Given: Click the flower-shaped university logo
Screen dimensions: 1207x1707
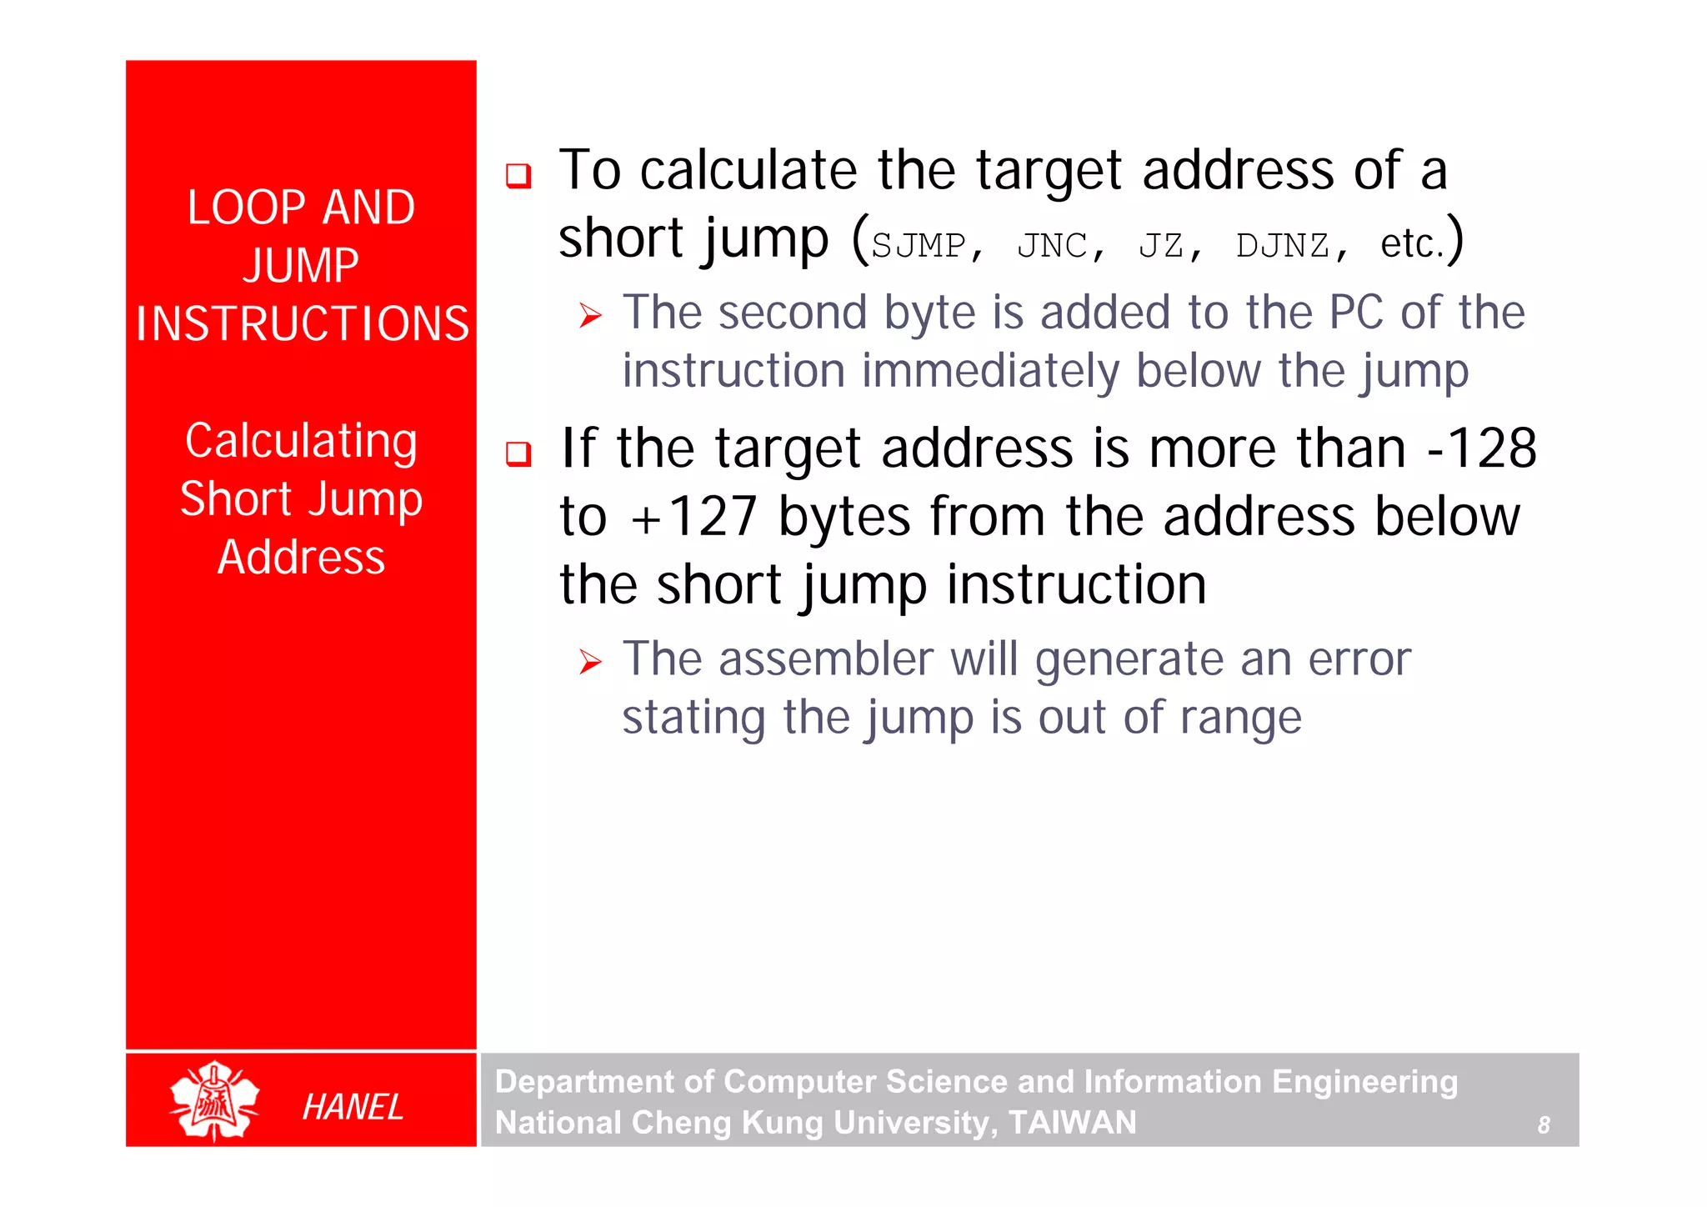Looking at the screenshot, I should pyautogui.click(x=214, y=1100).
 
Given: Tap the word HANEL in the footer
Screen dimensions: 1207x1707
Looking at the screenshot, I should pyautogui.click(x=353, y=1107).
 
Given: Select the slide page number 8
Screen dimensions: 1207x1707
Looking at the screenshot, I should pyautogui.click(x=1544, y=1125).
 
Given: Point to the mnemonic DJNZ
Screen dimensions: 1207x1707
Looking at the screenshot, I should pyautogui.click(x=1283, y=246).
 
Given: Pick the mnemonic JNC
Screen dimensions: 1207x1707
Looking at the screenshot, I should pyautogui.click(x=1053, y=246).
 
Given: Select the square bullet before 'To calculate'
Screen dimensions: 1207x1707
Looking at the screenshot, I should pyautogui.click(x=518, y=176).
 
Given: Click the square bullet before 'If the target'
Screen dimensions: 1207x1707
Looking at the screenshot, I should pyautogui.click(x=518, y=454).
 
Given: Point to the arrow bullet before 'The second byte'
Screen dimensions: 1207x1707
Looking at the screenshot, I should pyautogui.click(x=590, y=316).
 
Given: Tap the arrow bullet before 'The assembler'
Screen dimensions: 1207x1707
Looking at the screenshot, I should pyautogui.click(x=590, y=663).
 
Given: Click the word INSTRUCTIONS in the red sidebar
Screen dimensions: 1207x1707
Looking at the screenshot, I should pyautogui.click(x=303, y=323).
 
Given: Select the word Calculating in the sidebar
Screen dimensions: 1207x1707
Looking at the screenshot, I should pyautogui.click(x=301, y=442).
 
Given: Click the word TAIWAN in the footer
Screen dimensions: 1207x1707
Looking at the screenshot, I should pyautogui.click(x=1072, y=1123).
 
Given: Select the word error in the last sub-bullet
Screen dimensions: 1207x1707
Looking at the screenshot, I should pyautogui.click(x=1359, y=659).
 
